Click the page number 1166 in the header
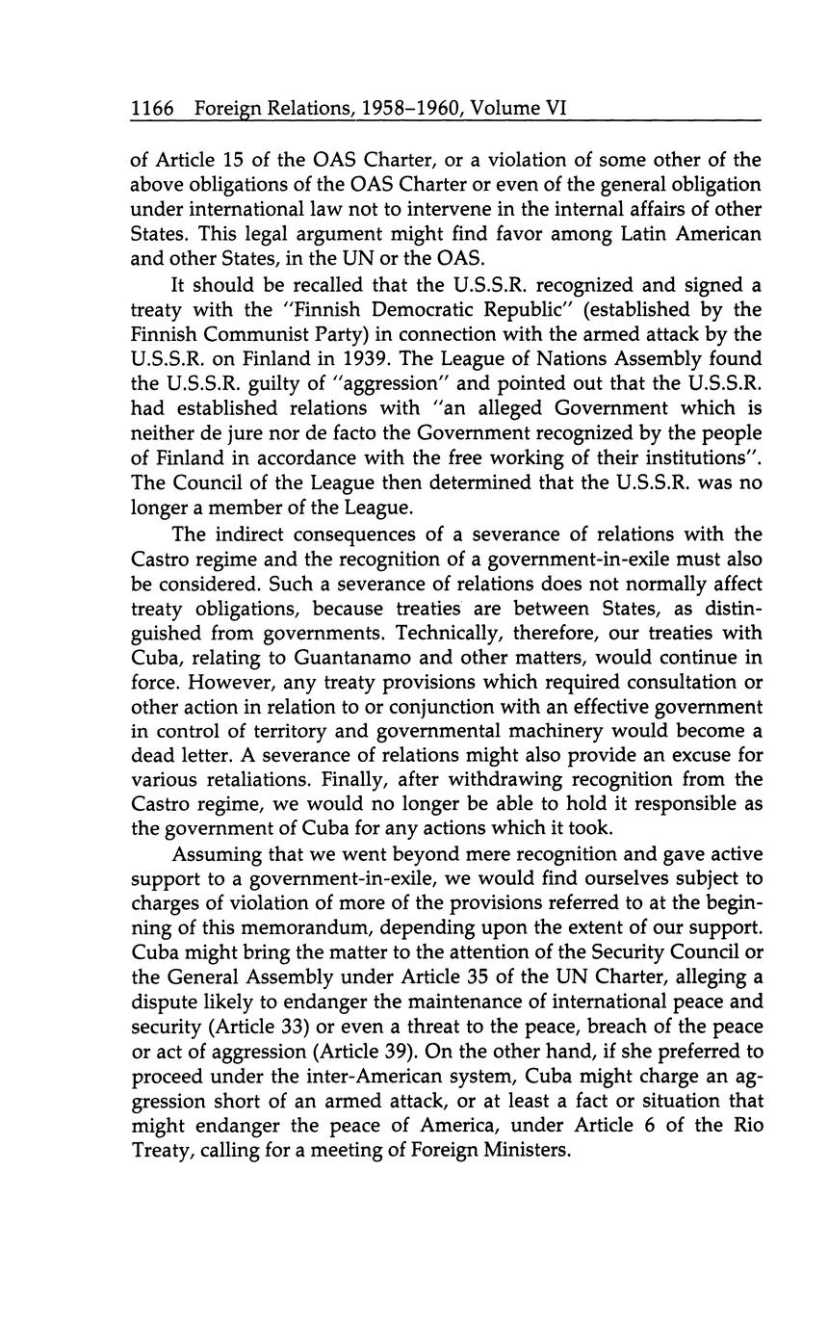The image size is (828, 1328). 152,110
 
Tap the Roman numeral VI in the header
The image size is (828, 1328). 555,110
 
